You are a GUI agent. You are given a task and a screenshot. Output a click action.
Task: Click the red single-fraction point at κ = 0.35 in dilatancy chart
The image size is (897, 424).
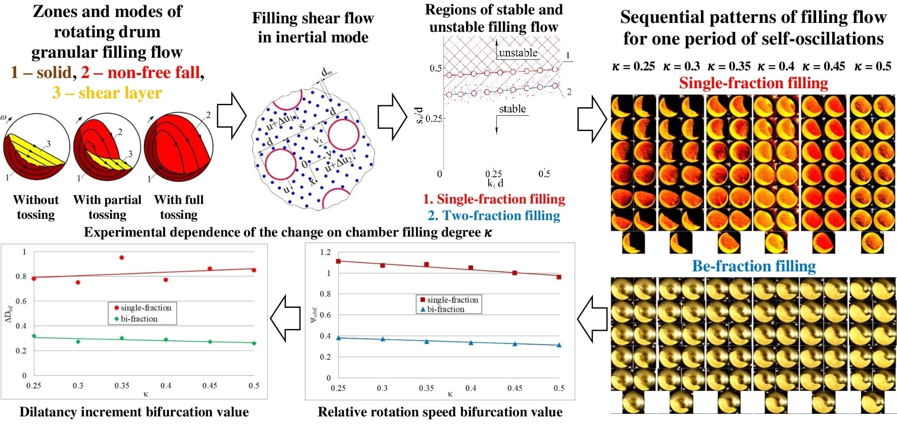122,257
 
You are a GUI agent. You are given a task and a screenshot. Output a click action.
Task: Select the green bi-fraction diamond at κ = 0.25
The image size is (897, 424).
34,336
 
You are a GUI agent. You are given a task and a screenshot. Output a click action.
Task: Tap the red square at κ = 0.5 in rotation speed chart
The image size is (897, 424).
559,277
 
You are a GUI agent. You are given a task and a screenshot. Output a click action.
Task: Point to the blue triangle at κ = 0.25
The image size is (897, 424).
338,338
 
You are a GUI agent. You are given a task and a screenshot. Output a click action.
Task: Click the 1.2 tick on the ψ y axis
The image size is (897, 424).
325,252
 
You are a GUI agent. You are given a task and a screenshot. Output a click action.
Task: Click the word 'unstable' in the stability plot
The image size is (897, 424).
518,53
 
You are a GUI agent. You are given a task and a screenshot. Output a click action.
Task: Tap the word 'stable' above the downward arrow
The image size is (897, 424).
512,109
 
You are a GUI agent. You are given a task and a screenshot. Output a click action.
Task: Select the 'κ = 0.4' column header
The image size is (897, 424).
775,66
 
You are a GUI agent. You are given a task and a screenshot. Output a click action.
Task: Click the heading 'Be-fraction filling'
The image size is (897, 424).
753,266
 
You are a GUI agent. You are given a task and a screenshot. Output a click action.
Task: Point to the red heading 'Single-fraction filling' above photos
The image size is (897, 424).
753,83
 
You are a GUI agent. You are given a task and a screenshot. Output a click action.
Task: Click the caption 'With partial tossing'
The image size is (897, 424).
107,207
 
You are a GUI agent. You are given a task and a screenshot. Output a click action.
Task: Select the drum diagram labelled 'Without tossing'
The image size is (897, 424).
36,147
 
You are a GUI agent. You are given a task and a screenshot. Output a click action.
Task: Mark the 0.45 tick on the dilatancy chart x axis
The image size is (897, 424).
209,385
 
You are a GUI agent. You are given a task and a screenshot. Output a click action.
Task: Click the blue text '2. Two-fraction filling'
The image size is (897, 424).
494,216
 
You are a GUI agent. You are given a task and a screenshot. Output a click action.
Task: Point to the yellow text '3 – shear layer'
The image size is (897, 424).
107,93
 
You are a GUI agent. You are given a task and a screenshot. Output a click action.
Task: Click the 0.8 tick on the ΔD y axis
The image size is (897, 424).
21,276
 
